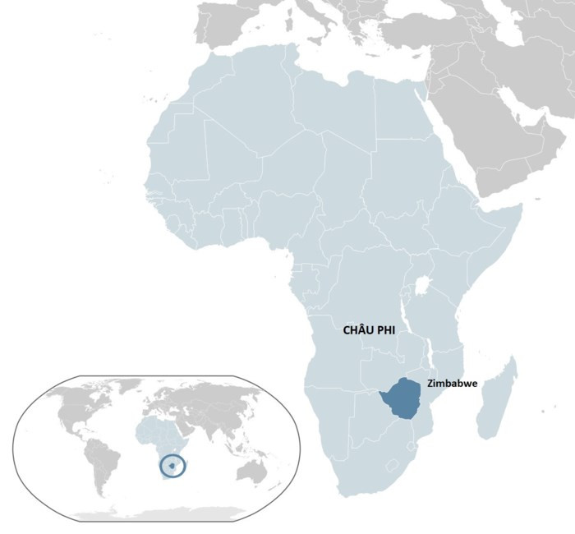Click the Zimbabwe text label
[453, 384]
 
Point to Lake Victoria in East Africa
[425, 288]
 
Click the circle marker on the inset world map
[173, 466]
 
